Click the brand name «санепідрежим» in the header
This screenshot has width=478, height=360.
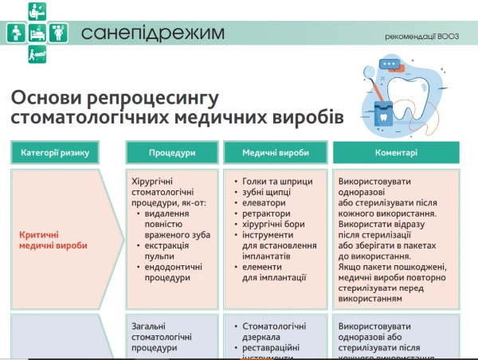(x=152, y=33)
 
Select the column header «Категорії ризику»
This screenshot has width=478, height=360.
(x=61, y=152)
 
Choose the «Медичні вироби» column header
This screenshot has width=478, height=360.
(x=274, y=152)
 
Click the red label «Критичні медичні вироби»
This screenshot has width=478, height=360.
(x=54, y=240)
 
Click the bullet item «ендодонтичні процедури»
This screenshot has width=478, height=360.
(x=169, y=273)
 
